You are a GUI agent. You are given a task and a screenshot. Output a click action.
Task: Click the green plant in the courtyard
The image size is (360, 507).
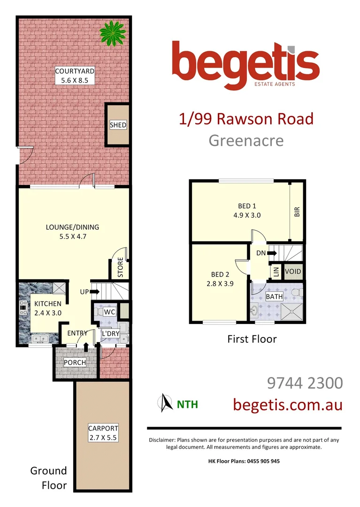point(113,33)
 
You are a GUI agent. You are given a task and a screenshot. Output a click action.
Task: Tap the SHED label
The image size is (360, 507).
point(118,125)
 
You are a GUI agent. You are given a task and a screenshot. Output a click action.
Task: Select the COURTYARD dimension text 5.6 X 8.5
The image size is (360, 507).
point(75,80)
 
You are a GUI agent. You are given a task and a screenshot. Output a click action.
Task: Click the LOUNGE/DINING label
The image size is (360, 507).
point(72,227)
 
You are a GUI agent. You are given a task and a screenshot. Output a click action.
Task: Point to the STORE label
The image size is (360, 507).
point(121,268)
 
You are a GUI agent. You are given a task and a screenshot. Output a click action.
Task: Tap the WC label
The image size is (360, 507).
point(109,312)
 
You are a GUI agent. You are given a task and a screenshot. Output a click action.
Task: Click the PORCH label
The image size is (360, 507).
point(75,362)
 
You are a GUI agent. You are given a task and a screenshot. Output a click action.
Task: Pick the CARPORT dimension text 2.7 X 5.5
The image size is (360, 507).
point(103,438)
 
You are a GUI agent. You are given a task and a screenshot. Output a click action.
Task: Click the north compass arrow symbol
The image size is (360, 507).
point(164,402)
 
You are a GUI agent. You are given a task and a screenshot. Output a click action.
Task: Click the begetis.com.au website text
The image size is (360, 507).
point(288,404)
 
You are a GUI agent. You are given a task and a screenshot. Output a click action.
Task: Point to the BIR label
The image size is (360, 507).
point(297,212)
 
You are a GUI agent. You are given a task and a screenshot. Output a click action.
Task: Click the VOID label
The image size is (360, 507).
point(293,272)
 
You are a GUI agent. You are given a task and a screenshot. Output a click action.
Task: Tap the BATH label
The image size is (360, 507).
point(261,297)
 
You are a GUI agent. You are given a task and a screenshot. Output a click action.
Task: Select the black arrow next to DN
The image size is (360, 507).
point(272,253)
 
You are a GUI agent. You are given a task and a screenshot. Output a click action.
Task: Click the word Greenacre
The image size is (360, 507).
point(246,140)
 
